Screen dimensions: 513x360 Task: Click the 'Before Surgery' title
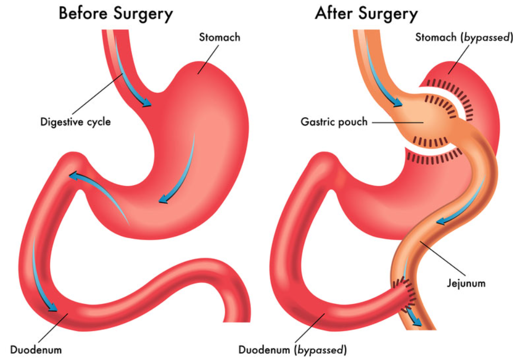tap(116, 14)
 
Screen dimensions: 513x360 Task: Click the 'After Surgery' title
tap(366, 14)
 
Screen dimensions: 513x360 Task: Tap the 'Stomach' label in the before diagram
tap(220, 37)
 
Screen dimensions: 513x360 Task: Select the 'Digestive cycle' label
tap(75, 122)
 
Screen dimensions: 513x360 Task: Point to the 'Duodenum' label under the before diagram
tap(36, 349)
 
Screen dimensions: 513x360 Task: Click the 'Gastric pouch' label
tap(334, 122)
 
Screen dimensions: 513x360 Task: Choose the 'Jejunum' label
tap(466, 283)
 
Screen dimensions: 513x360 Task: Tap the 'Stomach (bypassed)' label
tap(464, 37)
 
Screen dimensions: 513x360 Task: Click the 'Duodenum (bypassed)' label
tap(292, 350)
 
